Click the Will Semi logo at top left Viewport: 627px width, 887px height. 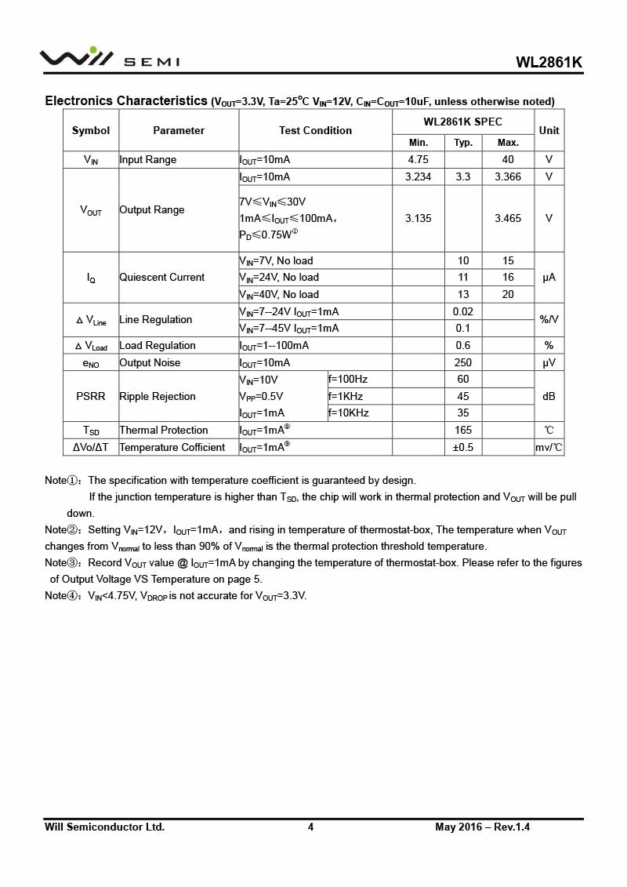(110, 58)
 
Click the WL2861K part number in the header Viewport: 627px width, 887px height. (549, 63)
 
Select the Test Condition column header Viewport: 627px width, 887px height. (315, 130)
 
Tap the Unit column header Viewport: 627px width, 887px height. (549, 130)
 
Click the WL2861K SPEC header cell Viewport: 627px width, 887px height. (462, 122)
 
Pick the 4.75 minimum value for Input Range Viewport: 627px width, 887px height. (418, 159)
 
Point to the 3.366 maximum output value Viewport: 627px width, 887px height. (508, 176)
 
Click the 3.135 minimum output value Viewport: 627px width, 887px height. (418, 218)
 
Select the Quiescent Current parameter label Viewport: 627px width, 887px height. (161, 277)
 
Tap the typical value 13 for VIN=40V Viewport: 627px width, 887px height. (463, 294)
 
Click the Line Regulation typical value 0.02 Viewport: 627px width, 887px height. (463, 311)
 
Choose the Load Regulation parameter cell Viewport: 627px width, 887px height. (157, 345)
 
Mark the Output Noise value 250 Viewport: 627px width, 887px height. (463, 362)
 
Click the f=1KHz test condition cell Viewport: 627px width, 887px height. (346, 396)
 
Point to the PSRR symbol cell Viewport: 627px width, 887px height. (91, 396)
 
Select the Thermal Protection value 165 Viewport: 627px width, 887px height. (463, 430)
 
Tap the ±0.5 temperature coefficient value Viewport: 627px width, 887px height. (463, 447)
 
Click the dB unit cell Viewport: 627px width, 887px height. (549, 396)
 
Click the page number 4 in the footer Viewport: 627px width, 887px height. (310, 827)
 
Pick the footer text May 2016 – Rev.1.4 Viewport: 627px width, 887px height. (483, 827)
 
